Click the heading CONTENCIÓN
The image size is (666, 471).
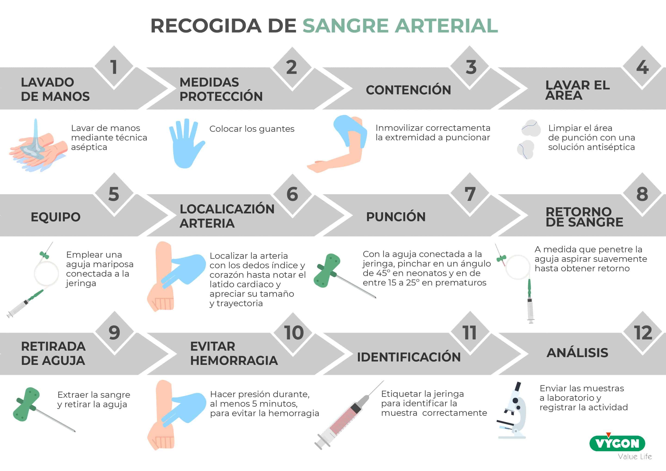408,90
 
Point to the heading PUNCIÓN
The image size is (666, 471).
396,217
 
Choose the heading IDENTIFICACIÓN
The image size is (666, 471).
409,357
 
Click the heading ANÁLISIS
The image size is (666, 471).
577,353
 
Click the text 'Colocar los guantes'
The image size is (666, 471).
252,129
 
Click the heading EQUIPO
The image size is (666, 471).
56,217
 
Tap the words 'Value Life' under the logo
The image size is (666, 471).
635,456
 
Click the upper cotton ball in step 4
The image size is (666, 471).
531,128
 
